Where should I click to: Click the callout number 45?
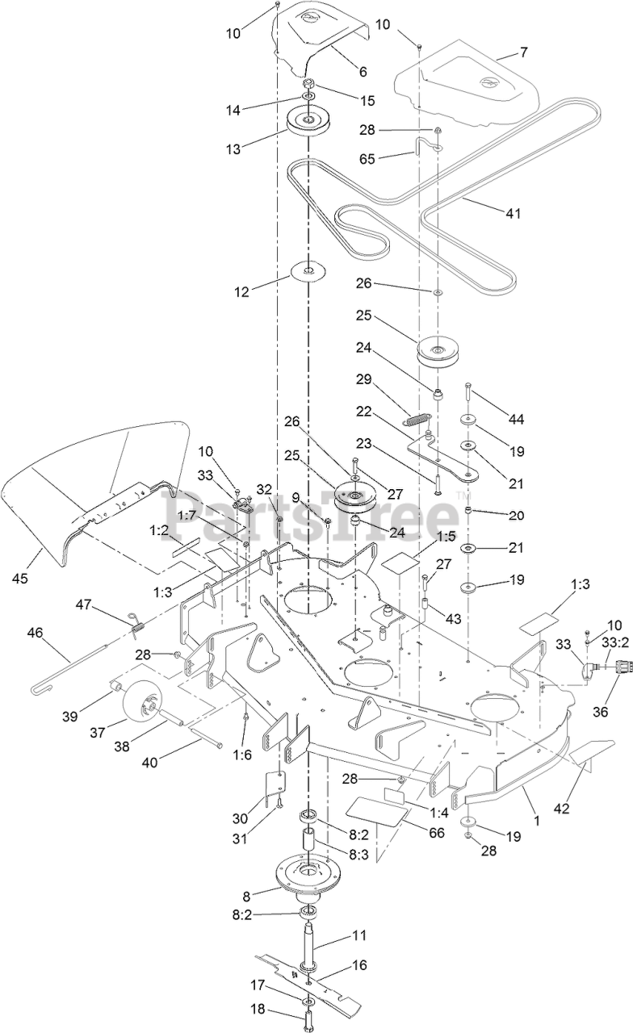click(20, 578)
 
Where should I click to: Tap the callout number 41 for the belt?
click(513, 214)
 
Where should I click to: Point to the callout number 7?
click(522, 52)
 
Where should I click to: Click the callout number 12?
click(241, 292)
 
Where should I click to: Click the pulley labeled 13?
click(306, 122)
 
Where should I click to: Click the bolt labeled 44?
click(469, 397)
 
